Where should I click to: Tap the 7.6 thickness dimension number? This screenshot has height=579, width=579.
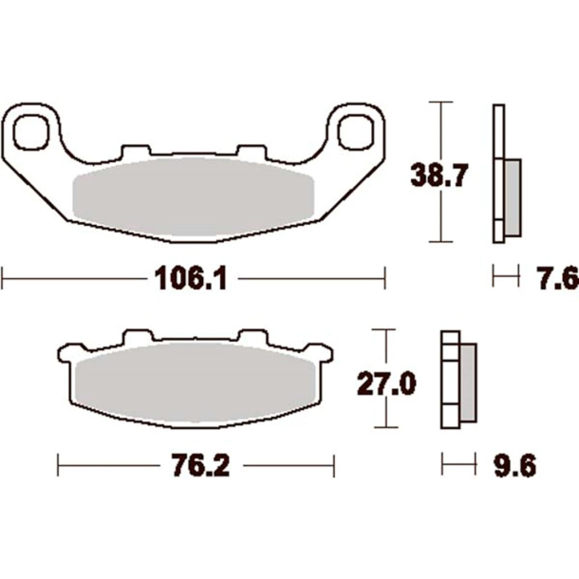click(x=556, y=278)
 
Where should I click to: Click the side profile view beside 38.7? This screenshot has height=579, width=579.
click(x=504, y=174)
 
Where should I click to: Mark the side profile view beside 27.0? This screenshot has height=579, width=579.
click(x=458, y=380)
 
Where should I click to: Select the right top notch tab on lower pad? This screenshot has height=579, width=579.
click(x=252, y=336)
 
